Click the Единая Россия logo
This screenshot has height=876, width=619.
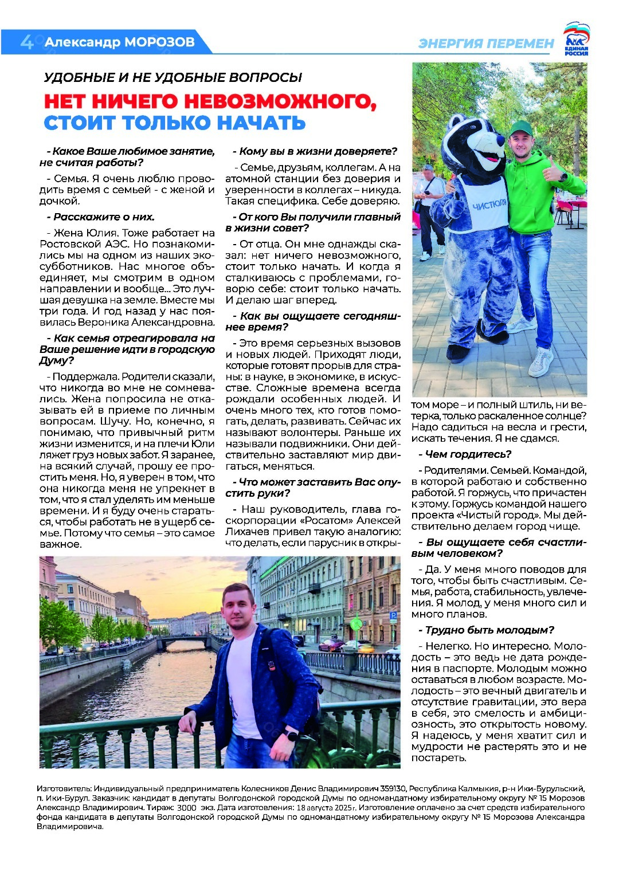tap(575, 39)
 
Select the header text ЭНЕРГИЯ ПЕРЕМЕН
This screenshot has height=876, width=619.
tap(487, 44)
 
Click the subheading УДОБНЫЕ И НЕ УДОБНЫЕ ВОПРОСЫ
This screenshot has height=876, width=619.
tap(173, 77)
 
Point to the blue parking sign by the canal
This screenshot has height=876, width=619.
tap(393, 616)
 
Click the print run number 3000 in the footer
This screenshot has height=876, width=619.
tap(187, 807)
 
